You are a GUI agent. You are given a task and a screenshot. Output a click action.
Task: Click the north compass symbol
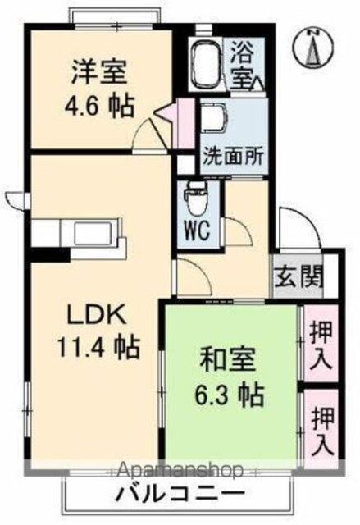(x=313, y=48)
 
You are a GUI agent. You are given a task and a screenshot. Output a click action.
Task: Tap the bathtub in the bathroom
(x=206, y=64)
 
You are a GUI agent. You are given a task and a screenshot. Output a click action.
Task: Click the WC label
(x=197, y=230)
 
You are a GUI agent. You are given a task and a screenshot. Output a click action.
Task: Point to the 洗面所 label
(x=233, y=156)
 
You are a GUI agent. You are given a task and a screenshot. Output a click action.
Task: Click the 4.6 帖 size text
(x=99, y=107)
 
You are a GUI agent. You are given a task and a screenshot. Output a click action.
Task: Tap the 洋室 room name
(x=99, y=71)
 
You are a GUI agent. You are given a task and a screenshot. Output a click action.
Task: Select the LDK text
(x=97, y=315)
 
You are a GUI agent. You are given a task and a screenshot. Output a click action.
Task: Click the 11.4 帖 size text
(x=98, y=348)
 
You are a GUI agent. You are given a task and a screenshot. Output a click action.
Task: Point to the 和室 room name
(x=228, y=359)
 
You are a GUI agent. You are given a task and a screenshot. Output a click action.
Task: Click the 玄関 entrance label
(x=298, y=277)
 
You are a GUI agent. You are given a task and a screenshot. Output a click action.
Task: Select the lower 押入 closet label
(x=322, y=431)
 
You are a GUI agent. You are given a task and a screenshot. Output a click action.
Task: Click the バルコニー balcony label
(x=180, y=493)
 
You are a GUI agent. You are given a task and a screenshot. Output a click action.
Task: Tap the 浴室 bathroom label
(x=243, y=65)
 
